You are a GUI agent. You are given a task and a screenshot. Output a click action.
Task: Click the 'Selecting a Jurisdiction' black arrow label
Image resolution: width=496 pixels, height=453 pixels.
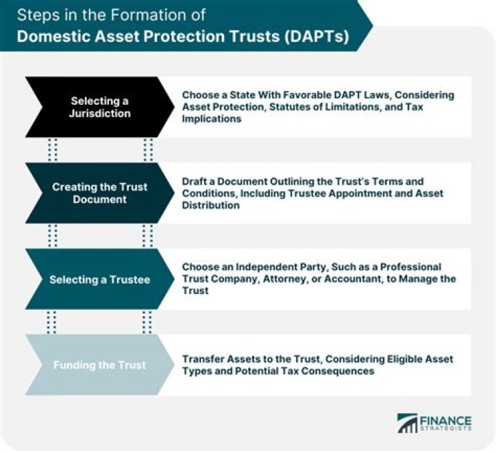tap(100, 107)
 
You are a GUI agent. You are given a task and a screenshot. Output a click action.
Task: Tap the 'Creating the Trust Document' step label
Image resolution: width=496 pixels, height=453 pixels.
tap(100, 193)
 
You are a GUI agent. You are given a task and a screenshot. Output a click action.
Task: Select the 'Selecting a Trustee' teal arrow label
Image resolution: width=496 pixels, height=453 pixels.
tap(100, 280)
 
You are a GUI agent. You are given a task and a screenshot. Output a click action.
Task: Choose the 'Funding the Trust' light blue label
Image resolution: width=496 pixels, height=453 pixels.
tap(100, 365)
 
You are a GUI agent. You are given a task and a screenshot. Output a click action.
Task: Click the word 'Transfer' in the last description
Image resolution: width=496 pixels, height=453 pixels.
tap(203, 359)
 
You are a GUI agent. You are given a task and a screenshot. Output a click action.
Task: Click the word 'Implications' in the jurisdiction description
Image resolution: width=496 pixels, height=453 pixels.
tap(211, 118)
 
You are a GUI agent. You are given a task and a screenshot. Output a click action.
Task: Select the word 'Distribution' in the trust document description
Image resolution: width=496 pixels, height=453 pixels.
tap(210, 205)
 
